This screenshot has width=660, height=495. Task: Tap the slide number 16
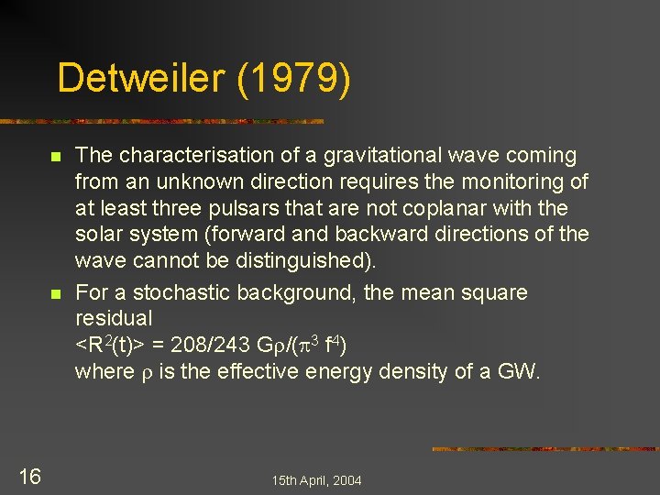(29, 476)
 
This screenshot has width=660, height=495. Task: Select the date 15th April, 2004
(316, 480)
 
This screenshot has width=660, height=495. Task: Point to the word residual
(113, 319)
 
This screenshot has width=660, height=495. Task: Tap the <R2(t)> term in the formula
(108, 346)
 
